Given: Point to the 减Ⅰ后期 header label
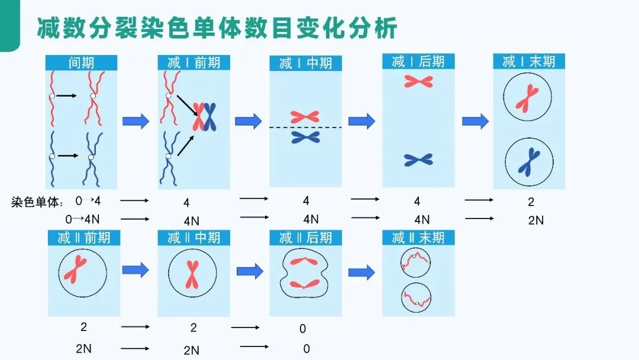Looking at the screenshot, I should [418, 61].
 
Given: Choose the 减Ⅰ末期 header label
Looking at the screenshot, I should [529, 61].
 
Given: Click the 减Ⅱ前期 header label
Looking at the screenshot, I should [83, 238].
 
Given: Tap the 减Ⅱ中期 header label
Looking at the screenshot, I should [193, 238].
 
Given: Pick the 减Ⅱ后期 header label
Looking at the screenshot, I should [305, 238].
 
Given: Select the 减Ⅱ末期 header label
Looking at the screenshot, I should [418, 238].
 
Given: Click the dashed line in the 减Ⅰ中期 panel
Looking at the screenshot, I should [305, 127].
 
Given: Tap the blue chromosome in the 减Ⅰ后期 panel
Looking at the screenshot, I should [418, 159].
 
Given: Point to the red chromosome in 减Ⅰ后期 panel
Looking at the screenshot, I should [418, 81].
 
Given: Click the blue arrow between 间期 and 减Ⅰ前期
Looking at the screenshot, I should [136, 121].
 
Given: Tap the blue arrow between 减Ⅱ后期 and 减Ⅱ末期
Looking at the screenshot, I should [362, 272].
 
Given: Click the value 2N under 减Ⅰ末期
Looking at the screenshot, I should [535, 220].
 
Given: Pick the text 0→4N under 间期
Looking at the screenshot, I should [83, 219].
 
